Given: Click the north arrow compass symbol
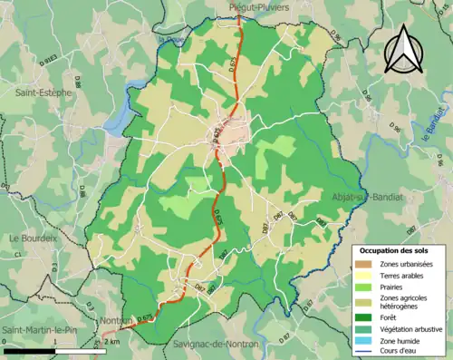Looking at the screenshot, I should [x=402, y=50].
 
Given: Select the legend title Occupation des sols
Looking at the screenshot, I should [x=397, y=249].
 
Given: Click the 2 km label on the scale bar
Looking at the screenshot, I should [x=111, y=342].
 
